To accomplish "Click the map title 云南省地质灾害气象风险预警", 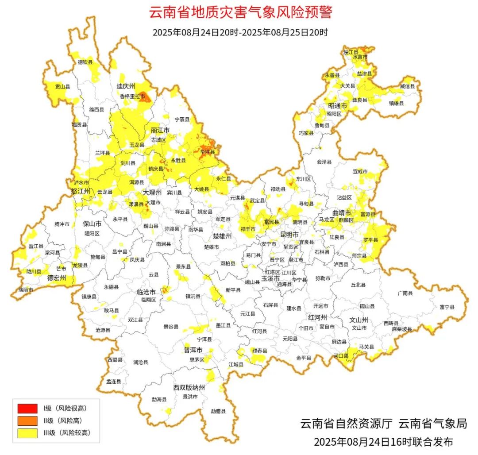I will pyautogui.click(x=240, y=12).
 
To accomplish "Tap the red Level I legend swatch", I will pyautogui.click(x=27, y=408).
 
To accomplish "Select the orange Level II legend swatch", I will pyautogui.click(x=27, y=420).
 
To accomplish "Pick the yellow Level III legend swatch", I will pyautogui.click(x=27, y=433).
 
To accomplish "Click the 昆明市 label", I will pyautogui.click(x=289, y=234).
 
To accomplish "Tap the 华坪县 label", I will pyautogui.click(x=207, y=152).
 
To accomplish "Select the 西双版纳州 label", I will pyautogui.click(x=189, y=387).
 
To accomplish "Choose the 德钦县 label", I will pyautogui.click(x=85, y=62).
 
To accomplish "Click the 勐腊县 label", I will pyautogui.click(x=218, y=411).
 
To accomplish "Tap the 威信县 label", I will pyautogui.click(x=408, y=86).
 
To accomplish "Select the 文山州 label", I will pyautogui.click(x=359, y=319).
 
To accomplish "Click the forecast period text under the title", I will pyautogui.click(x=240, y=32).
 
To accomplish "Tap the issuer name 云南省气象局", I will pyautogui.click(x=432, y=424).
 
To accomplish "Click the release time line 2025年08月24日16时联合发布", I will pyautogui.click(x=383, y=442).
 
